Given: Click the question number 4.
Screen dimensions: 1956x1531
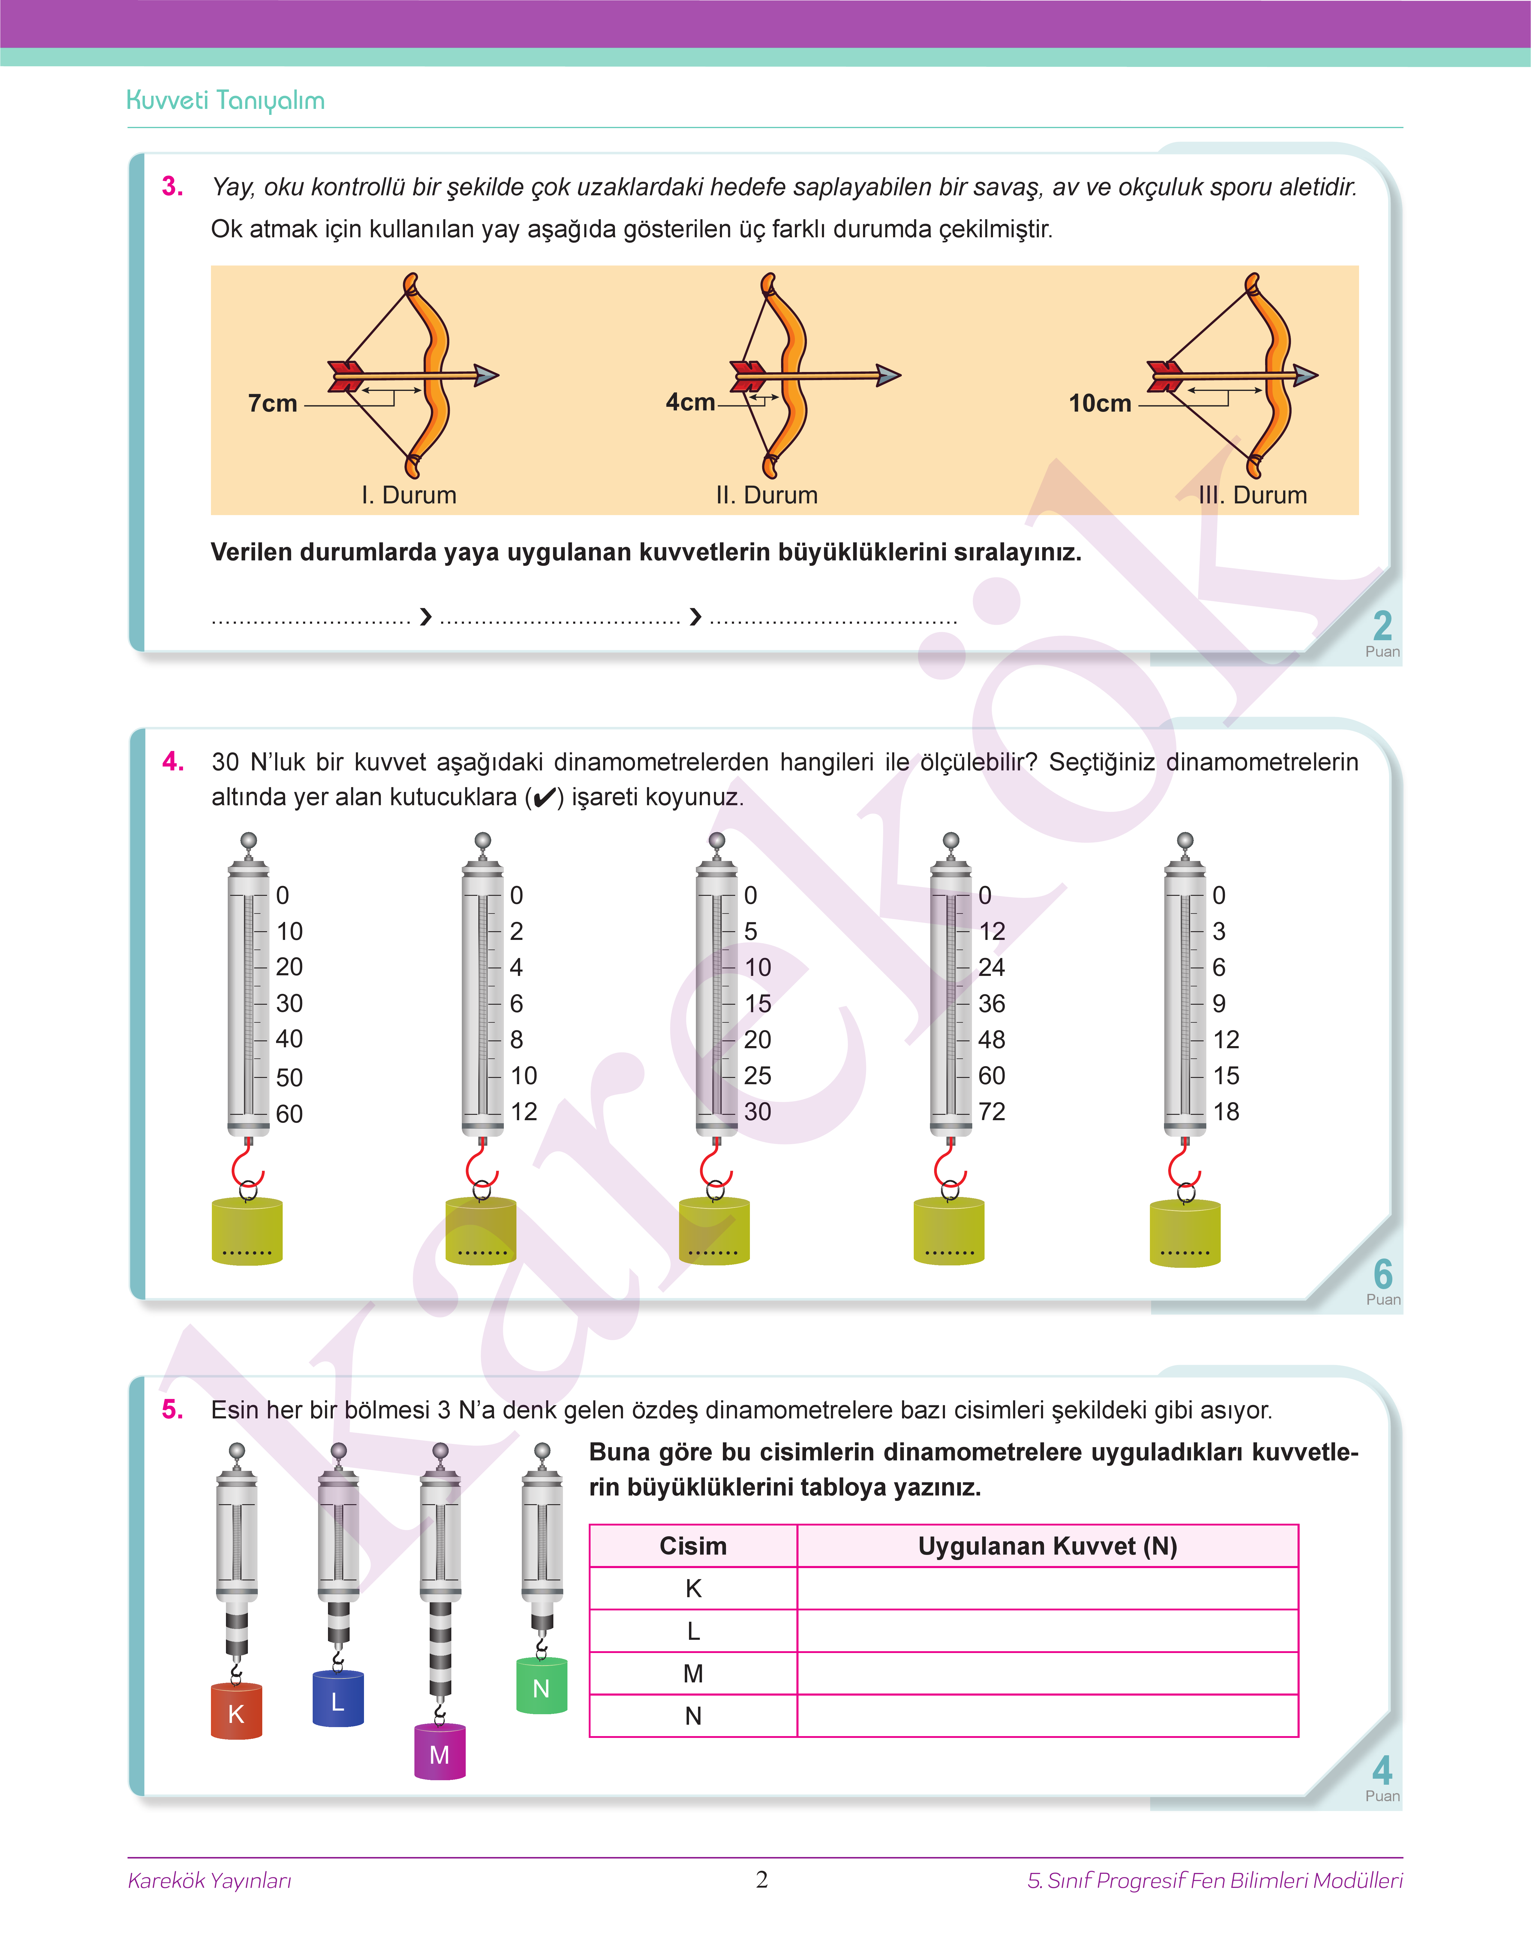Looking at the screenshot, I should (173, 762).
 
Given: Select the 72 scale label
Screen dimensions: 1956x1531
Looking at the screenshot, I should (991, 1112).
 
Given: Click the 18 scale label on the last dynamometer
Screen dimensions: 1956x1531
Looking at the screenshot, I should (1226, 1112).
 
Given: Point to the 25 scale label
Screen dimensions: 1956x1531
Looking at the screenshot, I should (757, 1075).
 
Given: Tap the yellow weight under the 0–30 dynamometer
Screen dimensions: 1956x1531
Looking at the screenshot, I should (714, 1231).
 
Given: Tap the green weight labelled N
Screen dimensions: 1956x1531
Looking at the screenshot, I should (541, 1687).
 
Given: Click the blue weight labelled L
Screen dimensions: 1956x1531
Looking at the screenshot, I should (338, 1700).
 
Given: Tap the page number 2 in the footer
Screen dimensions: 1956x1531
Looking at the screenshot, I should (762, 1880).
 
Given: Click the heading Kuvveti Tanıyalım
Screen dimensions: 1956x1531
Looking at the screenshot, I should (226, 100).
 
